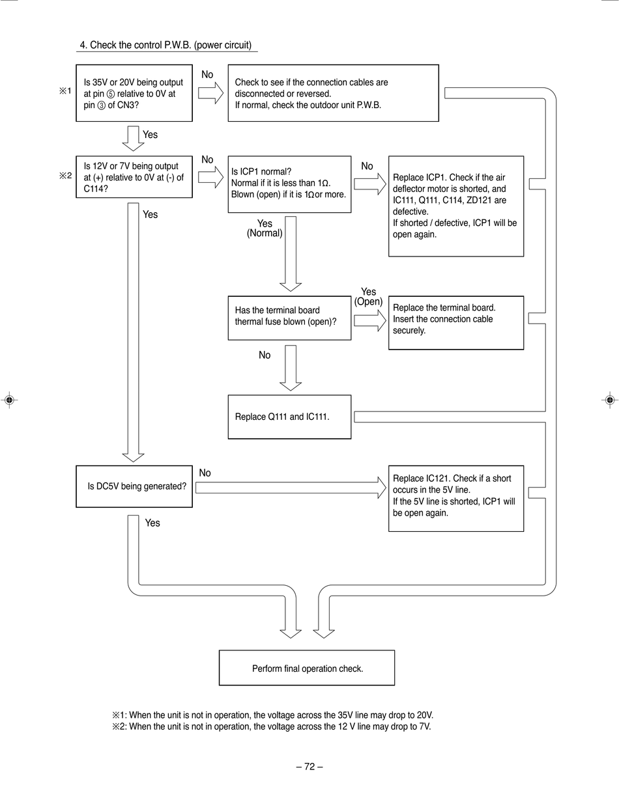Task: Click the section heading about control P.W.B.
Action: coord(166,46)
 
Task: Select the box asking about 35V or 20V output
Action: coord(134,93)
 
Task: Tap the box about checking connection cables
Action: coord(334,93)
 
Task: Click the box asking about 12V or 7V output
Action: coord(134,177)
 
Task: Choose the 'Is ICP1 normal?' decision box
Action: coord(289,184)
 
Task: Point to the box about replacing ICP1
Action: coord(456,206)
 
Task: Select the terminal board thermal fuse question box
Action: coord(289,318)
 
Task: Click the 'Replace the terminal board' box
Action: coord(456,323)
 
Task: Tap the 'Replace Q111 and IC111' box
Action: coord(289,417)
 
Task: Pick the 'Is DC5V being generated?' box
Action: coord(134,486)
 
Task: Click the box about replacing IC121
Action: coord(456,499)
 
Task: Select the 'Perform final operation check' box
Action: coord(307,668)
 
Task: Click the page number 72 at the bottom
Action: coord(309,767)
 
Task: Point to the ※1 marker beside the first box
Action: coord(65,91)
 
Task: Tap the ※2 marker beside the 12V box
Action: coord(65,176)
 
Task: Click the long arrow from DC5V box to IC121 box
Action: coord(291,488)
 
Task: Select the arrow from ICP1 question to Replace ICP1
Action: coord(370,184)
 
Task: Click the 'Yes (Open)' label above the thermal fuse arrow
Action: coord(368,297)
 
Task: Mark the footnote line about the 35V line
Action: coord(272,715)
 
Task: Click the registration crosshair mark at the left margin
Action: coord(10,400)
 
